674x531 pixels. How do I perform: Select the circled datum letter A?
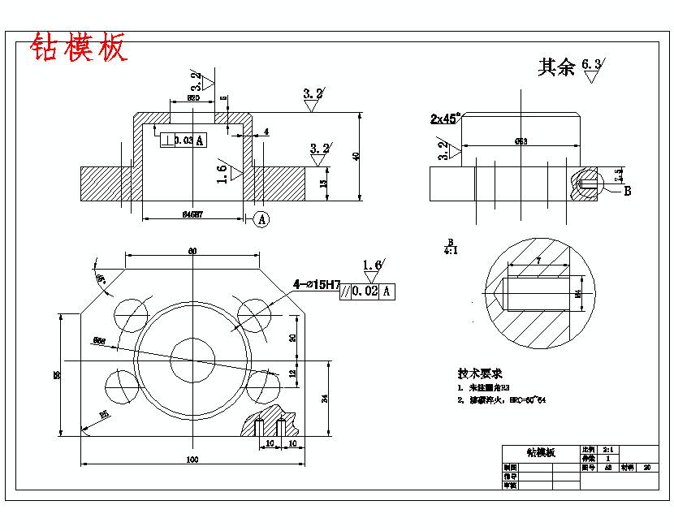(261, 218)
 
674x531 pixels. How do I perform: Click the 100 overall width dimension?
(192, 460)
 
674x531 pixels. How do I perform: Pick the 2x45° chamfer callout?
(445, 119)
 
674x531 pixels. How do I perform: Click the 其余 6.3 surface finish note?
(572, 67)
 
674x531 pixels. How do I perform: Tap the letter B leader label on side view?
(627, 192)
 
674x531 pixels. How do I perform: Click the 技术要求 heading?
(480, 373)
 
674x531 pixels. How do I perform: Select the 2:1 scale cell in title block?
(608, 449)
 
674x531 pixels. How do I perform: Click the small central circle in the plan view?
(192, 360)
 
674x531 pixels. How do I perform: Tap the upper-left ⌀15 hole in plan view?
(131, 313)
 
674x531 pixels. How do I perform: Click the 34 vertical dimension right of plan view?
(325, 398)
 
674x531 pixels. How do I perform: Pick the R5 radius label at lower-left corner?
(103, 416)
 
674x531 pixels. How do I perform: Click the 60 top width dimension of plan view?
(192, 251)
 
